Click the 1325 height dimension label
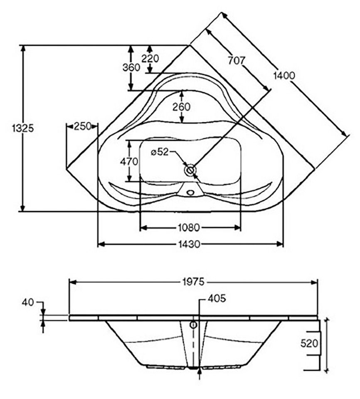click(x=23, y=128)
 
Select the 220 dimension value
click(x=150, y=59)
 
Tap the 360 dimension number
click(x=131, y=68)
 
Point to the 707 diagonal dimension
click(x=237, y=61)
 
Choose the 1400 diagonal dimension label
click(x=284, y=75)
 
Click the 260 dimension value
click(x=182, y=107)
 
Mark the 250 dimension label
click(x=82, y=126)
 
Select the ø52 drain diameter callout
click(x=160, y=152)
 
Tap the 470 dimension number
click(x=129, y=161)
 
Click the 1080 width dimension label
click(x=189, y=227)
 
